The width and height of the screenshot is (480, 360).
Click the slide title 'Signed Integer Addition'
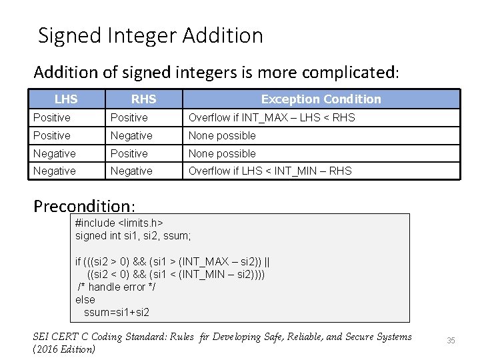(x=151, y=35)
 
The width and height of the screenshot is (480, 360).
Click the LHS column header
(x=66, y=99)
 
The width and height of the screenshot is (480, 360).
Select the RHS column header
(x=143, y=99)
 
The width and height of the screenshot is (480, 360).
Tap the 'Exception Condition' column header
(x=321, y=99)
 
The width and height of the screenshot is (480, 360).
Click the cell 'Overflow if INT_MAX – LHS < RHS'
(x=271, y=118)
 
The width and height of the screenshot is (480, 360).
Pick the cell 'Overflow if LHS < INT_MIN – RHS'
(x=270, y=171)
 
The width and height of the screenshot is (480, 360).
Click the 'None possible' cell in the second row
(x=222, y=136)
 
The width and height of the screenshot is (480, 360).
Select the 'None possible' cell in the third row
(x=222, y=154)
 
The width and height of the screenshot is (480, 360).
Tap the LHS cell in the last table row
(x=55, y=171)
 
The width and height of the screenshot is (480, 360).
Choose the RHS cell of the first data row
(x=129, y=118)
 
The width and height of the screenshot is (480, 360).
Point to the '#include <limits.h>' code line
(x=119, y=223)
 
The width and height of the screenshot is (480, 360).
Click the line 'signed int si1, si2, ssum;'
(x=133, y=235)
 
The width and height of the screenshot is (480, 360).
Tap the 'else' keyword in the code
(x=85, y=299)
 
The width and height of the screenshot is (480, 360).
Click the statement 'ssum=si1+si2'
(x=116, y=312)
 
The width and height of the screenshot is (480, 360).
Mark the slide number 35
(x=451, y=341)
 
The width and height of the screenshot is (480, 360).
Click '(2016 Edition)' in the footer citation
(x=64, y=349)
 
